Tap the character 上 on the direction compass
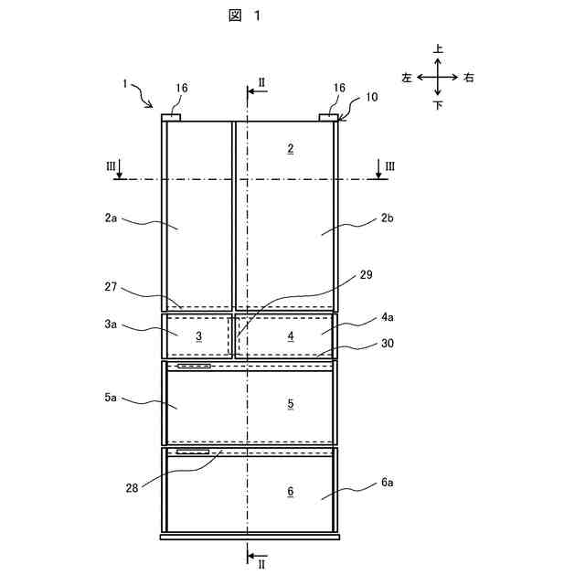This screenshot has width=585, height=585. [x=439, y=50]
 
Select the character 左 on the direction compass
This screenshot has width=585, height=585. [x=408, y=78]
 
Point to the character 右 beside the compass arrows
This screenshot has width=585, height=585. [x=469, y=78]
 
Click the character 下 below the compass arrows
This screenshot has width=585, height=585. [x=439, y=105]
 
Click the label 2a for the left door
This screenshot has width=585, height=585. [x=111, y=218]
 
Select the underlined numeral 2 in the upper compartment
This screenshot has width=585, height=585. [x=290, y=148]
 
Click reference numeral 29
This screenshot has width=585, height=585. [x=367, y=274]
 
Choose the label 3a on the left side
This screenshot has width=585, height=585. [x=111, y=324]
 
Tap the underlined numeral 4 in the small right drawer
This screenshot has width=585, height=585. [x=291, y=336]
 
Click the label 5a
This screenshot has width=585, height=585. [x=111, y=399]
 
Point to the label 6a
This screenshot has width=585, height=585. [x=388, y=482]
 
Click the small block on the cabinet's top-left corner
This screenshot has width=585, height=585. [x=171, y=117]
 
